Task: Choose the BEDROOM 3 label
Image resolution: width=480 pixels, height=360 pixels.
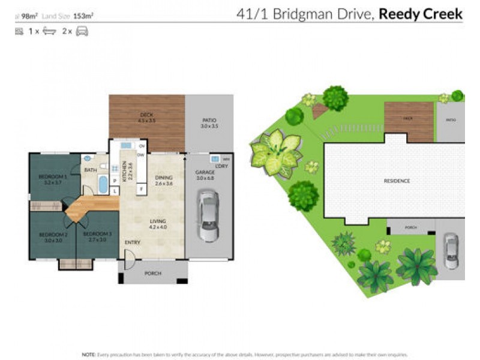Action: point(97,234)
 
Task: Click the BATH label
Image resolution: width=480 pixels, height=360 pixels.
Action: point(91,170)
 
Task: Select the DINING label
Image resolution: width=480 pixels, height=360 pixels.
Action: point(163,178)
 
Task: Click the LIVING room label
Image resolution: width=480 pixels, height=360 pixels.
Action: point(158,221)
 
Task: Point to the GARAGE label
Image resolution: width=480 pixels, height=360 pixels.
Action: point(205,172)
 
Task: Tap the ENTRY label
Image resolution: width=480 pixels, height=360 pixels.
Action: point(131,242)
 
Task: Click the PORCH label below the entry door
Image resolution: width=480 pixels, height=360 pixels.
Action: point(153,274)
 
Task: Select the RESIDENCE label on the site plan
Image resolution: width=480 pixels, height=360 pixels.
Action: point(397,181)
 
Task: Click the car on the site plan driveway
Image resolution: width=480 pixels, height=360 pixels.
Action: point(451,250)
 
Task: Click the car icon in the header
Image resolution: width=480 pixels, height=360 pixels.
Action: point(82,31)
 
